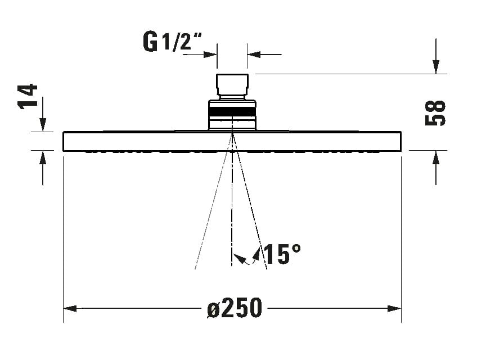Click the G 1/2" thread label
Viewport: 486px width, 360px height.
pos(172,42)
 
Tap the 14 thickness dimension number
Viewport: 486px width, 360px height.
pos(28,96)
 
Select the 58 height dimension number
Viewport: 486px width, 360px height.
pos(435,112)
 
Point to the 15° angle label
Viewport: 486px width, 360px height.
pos(282,254)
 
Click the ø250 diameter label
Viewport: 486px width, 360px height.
pos(235,308)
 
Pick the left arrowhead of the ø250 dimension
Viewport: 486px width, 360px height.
pos(70,308)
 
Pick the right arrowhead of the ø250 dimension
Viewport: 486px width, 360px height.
pos(394,308)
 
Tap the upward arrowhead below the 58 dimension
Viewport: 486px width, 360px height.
pos(436,157)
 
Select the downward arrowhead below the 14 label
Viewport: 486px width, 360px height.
pos(43,125)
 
